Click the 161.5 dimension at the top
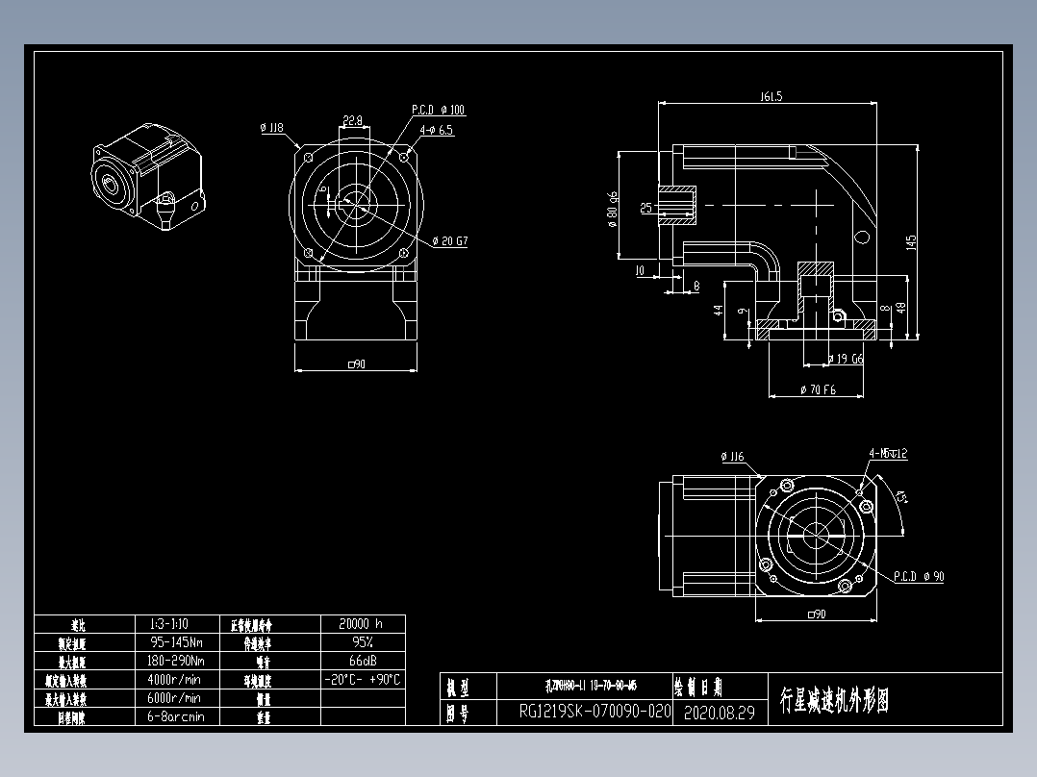[x=771, y=96]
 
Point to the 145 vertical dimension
[x=911, y=244]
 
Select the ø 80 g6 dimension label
[x=613, y=209]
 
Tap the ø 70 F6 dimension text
[x=818, y=390]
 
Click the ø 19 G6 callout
[x=847, y=359]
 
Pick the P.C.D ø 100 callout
[x=439, y=111]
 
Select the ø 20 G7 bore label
[x=449, y=241]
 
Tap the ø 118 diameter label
[x=271, y=127]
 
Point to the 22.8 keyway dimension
[x=352, y=120]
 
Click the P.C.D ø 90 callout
[x=919, y=577]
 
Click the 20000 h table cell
[x=362, y=623]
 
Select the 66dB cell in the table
[x=362, y=661]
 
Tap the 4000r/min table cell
[x=176, y=679]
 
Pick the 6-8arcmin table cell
[x=176, y=716]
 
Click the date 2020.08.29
[x=719, y=713]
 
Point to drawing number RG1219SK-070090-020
[x=594, y=712]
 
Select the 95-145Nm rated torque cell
[x=176, y=641]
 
